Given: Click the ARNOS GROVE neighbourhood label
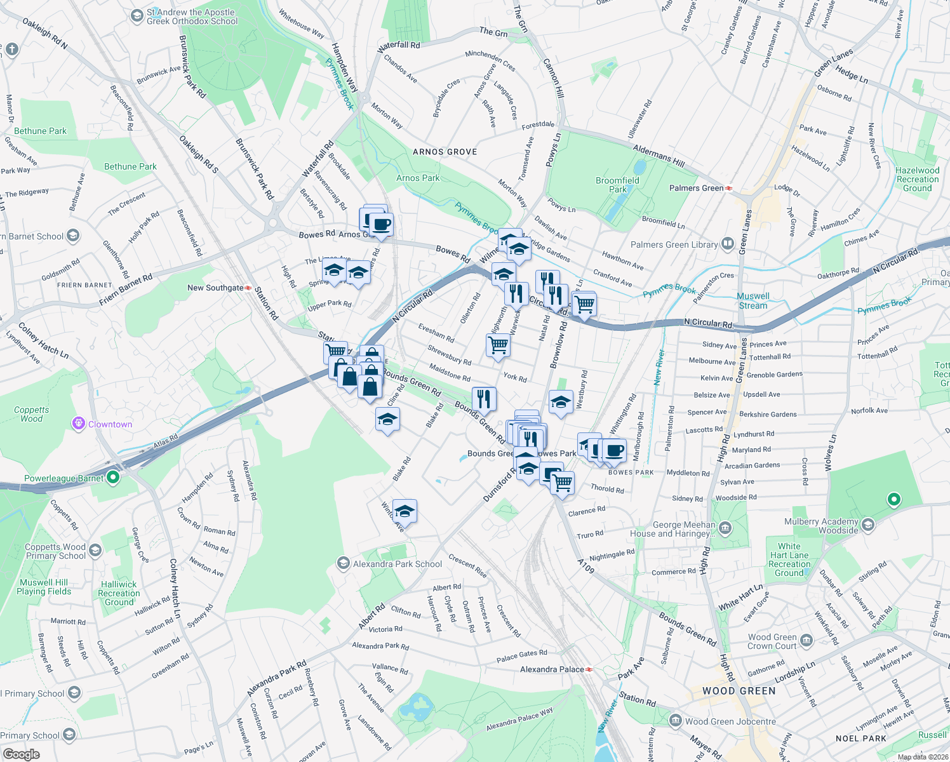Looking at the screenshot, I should [445, 152].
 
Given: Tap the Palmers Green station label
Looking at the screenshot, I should [697, 188].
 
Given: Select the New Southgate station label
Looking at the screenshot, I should [215, 288].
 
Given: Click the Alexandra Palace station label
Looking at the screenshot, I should [552, 669].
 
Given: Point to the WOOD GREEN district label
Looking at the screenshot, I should [739, 691].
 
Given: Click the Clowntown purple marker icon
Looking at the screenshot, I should [79, 424].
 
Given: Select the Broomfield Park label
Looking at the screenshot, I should [617, 185].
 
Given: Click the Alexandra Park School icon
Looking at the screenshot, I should [343, 563].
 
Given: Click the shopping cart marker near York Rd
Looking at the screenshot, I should [498, 345].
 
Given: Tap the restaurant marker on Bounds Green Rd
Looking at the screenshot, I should [484, 398].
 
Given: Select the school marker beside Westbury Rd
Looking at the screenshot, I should [560, 402].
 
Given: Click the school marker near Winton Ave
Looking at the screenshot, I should [405, 510].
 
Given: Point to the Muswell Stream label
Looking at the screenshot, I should [753, 301].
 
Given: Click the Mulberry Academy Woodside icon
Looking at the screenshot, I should [868, 525].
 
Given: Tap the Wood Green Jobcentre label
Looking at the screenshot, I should [730, 721].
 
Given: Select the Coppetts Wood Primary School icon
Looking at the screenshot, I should [95, 550].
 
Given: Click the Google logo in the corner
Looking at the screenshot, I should [21, 754].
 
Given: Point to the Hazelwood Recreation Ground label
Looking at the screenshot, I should [917, 179].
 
